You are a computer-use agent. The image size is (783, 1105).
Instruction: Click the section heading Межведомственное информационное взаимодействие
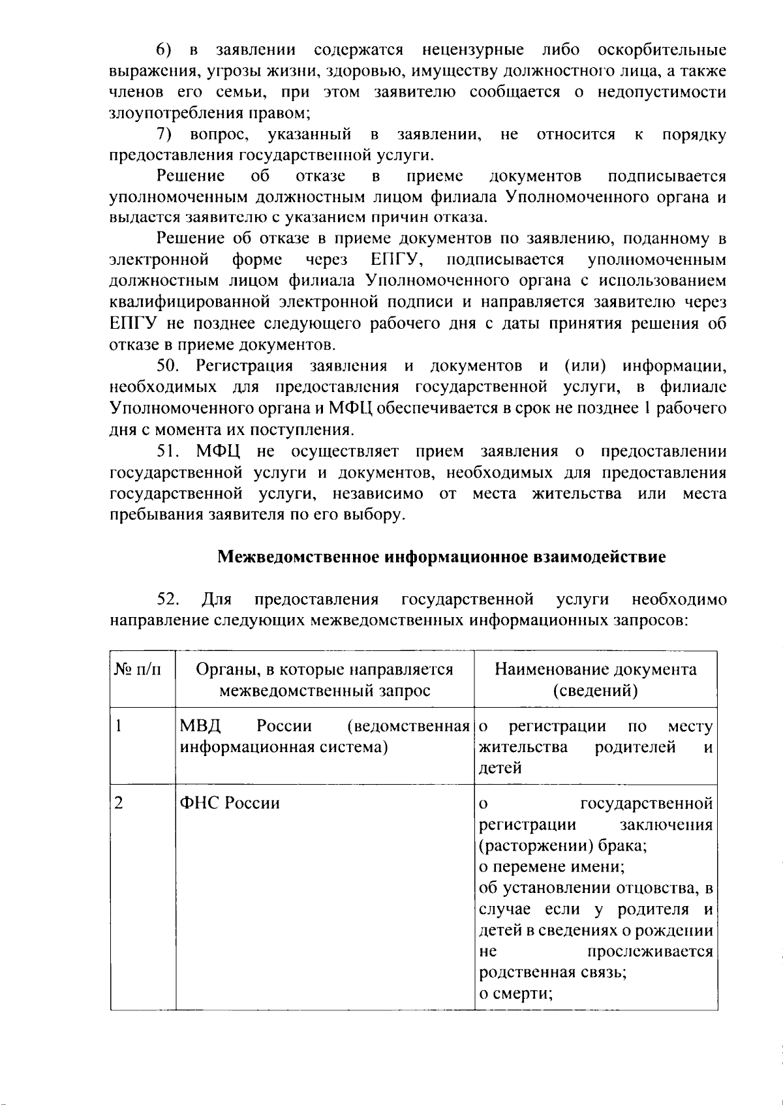point(442,558)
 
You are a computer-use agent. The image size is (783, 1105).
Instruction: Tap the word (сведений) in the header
point(595,691)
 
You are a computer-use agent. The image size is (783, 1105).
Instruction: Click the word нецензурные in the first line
point(472,50)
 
